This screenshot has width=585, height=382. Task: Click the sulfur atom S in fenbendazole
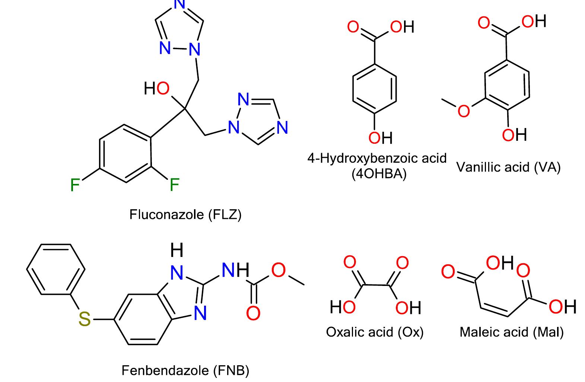point(85,319)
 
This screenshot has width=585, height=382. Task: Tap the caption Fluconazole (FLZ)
point(185,214)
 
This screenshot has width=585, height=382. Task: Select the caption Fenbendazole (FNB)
point(185,370)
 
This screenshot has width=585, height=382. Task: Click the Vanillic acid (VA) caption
point(509,167)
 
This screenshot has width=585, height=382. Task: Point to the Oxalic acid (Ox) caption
point(375,332)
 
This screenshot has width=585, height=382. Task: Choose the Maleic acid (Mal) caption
point(512,332)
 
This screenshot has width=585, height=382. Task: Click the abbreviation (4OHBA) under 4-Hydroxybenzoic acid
point(379,174)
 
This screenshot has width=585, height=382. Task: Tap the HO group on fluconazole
point(157,88)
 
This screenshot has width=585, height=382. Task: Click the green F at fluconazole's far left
point(75,185)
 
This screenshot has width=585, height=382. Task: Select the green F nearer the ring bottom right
point(174,185)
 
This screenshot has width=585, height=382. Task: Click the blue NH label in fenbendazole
point(235,270)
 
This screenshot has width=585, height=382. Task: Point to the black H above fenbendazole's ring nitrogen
point(177,249)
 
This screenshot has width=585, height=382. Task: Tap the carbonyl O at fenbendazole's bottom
point(253,313)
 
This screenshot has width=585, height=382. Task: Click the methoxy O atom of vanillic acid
point(464,111)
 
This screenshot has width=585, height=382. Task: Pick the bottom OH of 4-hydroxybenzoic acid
point(381,138)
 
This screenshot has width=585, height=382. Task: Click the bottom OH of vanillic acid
point(514,135)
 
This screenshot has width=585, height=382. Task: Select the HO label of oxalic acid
point(343,307)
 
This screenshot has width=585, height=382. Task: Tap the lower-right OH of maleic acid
point(563,306)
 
